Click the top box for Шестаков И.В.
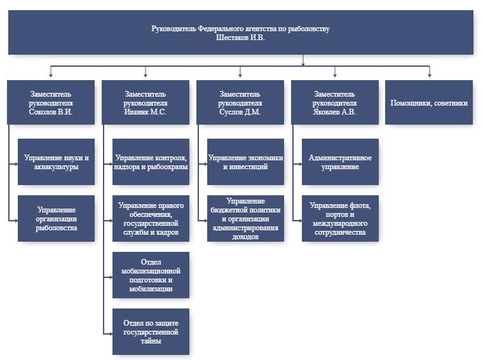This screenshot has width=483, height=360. [240, 32]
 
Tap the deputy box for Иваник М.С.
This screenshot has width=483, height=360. [145, 102]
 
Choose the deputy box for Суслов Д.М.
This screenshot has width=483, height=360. [240, 102]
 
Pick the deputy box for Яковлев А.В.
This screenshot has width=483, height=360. [334, 102]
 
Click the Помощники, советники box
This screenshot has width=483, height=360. [429, 102]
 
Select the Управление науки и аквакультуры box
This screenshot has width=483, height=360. [56, 162]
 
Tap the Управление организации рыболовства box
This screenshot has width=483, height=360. [56, 218]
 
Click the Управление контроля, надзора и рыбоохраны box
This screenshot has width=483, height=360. [151, 162]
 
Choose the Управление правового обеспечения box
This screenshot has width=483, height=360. [151, 218]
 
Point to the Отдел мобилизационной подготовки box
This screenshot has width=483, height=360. [151, 275]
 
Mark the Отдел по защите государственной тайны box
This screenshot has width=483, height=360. [151, 331]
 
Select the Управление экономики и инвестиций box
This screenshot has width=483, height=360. [245, 162]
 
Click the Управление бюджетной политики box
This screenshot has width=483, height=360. [245, 218]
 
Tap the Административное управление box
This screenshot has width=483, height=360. [340, 162]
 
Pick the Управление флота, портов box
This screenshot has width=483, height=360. [340, 218]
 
